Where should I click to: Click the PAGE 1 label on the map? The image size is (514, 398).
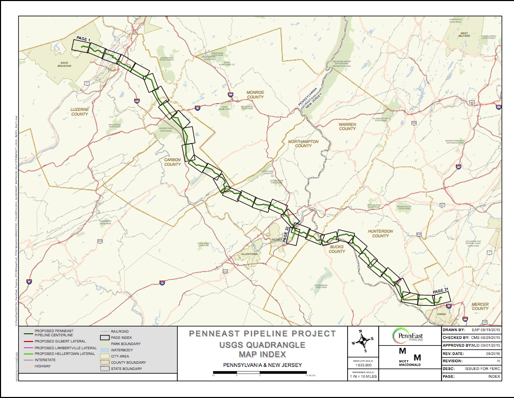(x=83, y=39)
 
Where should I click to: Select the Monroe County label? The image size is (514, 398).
(x=255, y=94)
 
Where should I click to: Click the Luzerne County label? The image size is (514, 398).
(x=79, y=111)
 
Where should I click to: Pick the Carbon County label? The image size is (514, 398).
(x=173, y=162)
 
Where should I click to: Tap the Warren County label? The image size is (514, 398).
(x=347, y=126)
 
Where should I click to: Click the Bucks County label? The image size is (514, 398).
(x=337, y=249)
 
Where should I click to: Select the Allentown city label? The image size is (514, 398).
(x=249, y=254)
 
